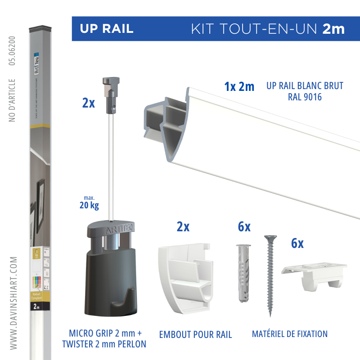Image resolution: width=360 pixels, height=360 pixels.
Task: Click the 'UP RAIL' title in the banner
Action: [107, 29]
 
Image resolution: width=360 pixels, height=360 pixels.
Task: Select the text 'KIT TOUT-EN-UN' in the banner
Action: [254, 29]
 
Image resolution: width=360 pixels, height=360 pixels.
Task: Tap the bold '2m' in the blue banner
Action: [333, 29]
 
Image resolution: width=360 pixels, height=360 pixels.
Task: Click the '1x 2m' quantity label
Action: [239, 86]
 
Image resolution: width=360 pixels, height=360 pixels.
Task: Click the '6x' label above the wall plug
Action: [244, 227]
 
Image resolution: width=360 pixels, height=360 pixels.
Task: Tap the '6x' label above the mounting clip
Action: [297, 243]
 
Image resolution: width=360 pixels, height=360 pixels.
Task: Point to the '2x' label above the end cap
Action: [183, 227]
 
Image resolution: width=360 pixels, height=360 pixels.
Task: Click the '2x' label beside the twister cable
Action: [89, 103]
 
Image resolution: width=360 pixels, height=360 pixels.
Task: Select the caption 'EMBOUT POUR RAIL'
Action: [195, 334]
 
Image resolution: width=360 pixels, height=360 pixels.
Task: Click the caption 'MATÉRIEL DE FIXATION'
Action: [289, 334]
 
